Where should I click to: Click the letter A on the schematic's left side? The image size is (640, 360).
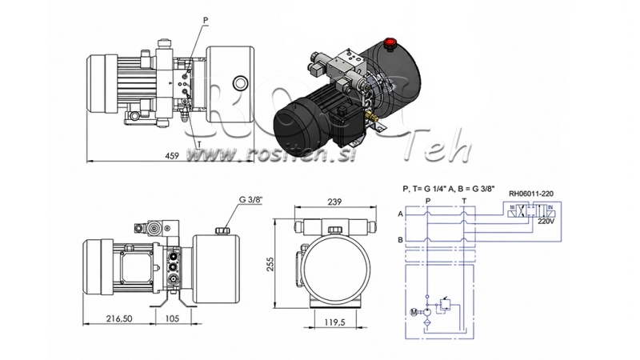400,214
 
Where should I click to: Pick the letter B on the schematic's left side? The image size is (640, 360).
400,239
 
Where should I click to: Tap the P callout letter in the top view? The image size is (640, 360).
183,21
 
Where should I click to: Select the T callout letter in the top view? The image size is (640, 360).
198,138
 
